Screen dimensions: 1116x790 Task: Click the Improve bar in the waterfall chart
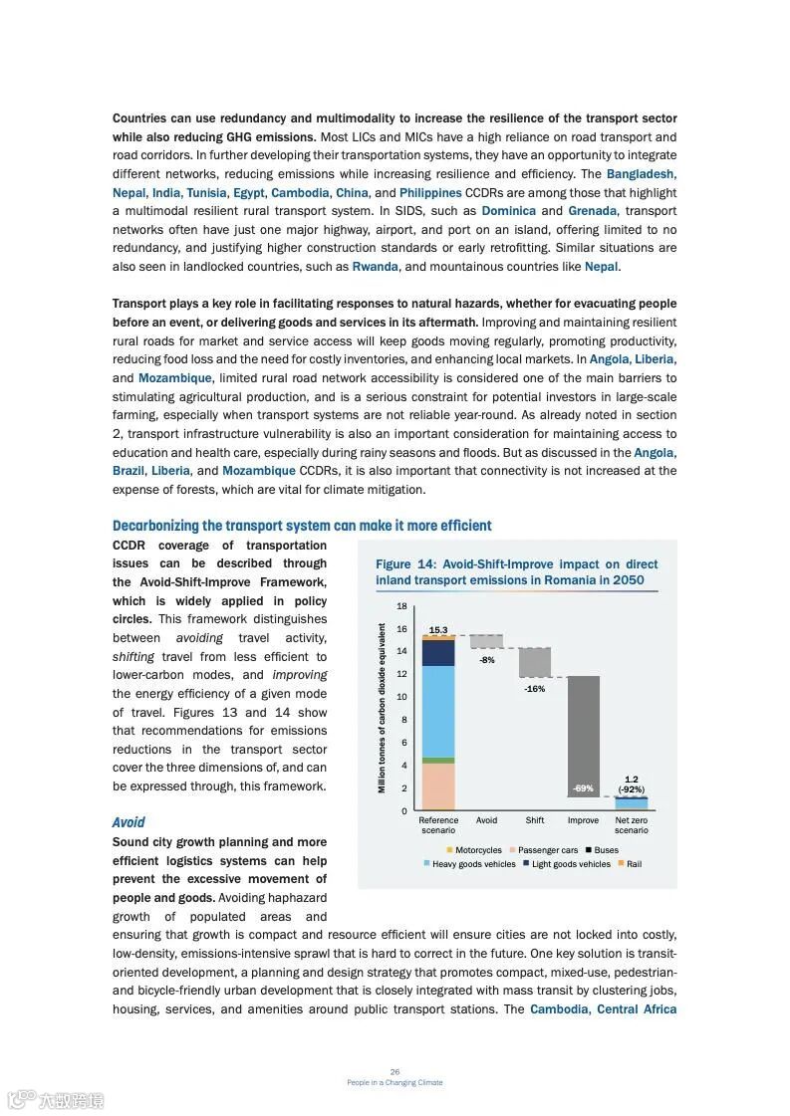click(x=583, y=737)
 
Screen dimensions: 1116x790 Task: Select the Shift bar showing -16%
click(x=535, y=663)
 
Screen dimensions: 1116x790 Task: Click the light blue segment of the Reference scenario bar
click(x=438, y=711)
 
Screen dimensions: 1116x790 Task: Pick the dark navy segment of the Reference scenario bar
click(x=438, y=653)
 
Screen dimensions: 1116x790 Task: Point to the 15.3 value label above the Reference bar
click(x=438, y=630)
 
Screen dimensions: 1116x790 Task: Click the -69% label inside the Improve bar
click(x=583, y=788)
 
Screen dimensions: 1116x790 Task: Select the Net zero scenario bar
click(x=631, y=803)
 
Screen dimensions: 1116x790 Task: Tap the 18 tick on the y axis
click(x=401, y=606)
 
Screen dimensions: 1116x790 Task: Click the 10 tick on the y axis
click(x=401, y=697)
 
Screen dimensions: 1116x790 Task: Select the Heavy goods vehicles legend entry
click(x=469, y=864)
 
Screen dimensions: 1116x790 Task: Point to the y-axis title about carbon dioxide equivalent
click(x=382, y=708)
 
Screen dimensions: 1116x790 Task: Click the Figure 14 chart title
click(x=516, y=571)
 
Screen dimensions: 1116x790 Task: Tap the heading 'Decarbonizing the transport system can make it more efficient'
click(x=302, y=526)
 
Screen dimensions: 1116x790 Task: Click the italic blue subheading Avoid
click(x=129, y=822)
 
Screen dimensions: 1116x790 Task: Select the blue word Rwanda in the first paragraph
click(x=375, y=267)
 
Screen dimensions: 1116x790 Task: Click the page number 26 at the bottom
click(x=395, y=1071)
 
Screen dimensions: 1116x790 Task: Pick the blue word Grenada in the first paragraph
click(x=592, y=211)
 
